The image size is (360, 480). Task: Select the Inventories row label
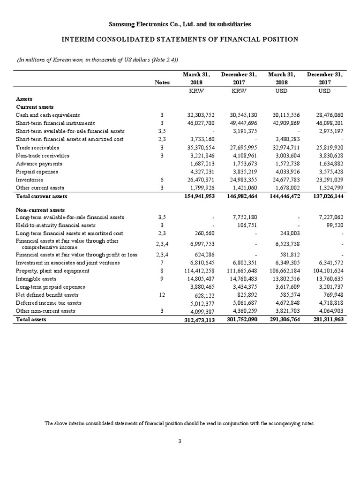pyautogui.click(x=28, y=180)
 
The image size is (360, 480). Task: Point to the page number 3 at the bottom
pyautogui.click(x=180, y=441)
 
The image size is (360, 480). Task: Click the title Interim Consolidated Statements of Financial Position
pyautogui.click(x=180, y=39)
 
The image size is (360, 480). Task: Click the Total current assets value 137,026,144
pyautogui.click(x=326, y=196)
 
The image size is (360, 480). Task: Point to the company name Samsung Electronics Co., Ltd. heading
pyautogui.click(x=180, y=23)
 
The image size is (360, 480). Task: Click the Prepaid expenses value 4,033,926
pyautogui.click(x=286, y=172)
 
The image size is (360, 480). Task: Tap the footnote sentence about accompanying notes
pyautogui.click(x=180, y=423)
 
